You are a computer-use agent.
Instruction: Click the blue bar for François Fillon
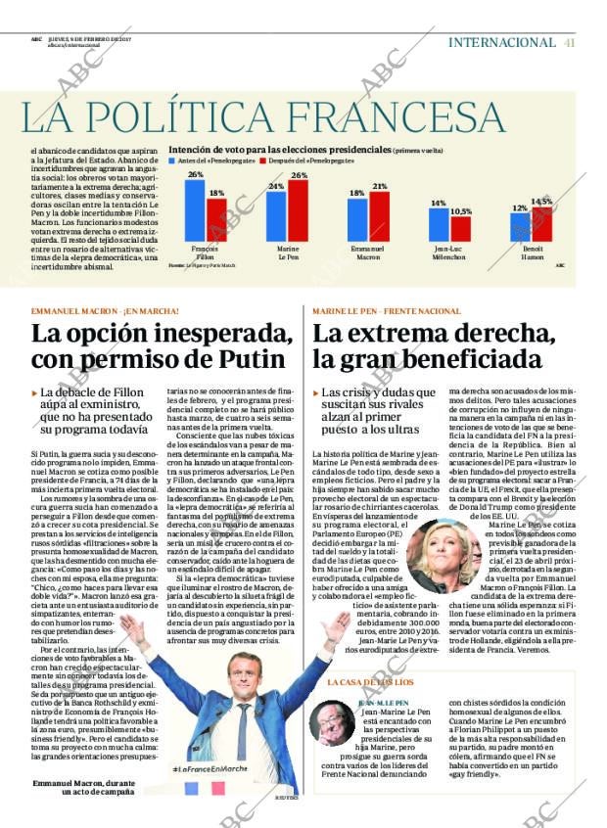point(196,209)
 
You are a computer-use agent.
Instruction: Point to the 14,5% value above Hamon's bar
point(541,202)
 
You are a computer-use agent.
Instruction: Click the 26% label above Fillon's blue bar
point(196,174)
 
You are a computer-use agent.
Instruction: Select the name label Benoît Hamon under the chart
point(532,253)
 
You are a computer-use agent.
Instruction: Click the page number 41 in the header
point(570,42)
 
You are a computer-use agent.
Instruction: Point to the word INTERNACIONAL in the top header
point(501,42)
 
